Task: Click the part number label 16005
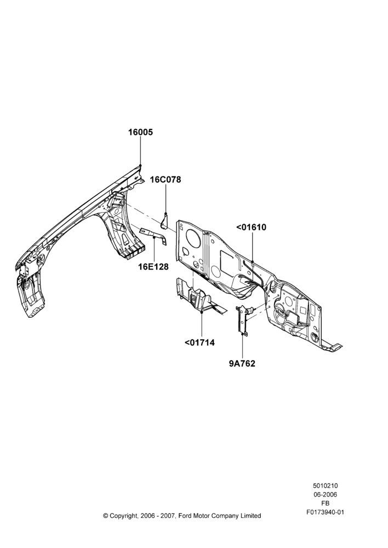click(x=140, y=133)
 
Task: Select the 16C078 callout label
click(x=166, y=180)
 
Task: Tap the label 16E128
click(x=153, y=267)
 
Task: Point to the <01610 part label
click(x=252, y=227)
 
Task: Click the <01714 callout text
click(x=199, y=342)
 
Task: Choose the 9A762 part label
click(x=242, y=363)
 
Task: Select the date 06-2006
click(x=326, y=494)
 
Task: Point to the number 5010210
click(x=326, y=486)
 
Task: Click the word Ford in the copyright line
click(x=185, y=516)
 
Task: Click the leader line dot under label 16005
click(x=140, y=165)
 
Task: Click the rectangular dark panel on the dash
click(x=229, y=260)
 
